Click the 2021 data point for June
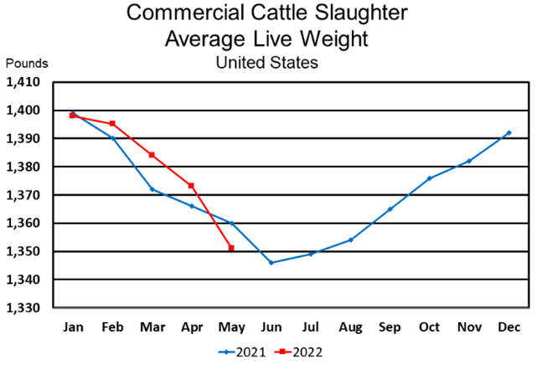[x=271, y=263]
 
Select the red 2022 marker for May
[x=231, y=248]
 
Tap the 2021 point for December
[x=509, y=132]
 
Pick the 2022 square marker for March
[x=152, y=155]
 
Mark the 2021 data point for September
[x=390, y=208]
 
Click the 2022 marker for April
[x=192, y=186]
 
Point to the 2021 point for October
[x=430, y=178]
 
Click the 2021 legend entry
[x=244, y=352]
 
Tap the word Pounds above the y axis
[x=28, y=63]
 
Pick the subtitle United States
[x=266, y=62]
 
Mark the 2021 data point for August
[x=351, y=239]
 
